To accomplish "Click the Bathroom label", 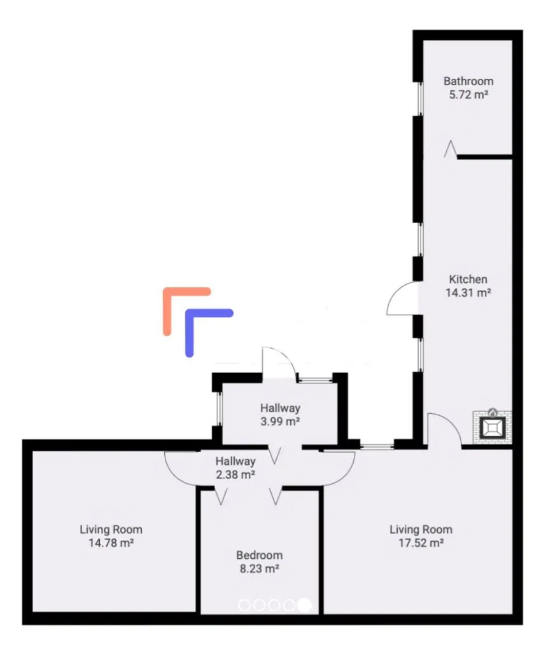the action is [x=468, y=81].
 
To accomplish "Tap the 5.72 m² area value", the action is [x=468, y=95].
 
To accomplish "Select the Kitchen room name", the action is [x=468, y=279].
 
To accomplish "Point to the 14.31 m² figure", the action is [x=468, y=292].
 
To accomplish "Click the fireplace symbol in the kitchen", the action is [x=493, y=427].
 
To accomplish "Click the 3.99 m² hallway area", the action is [x=280, y=421].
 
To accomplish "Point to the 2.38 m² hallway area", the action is [x=235, y=474].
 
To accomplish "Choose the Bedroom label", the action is [x=259, y=555].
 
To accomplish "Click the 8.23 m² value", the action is [x=259, y=568].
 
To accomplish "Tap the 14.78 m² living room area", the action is [x=111, y=543].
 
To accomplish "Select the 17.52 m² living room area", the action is [x=421, y=543].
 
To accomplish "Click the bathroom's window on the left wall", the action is [x=419, y=99].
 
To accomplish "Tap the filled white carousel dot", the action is [x=305, y=605].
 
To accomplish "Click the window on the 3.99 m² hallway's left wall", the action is [x=219, y=409].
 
